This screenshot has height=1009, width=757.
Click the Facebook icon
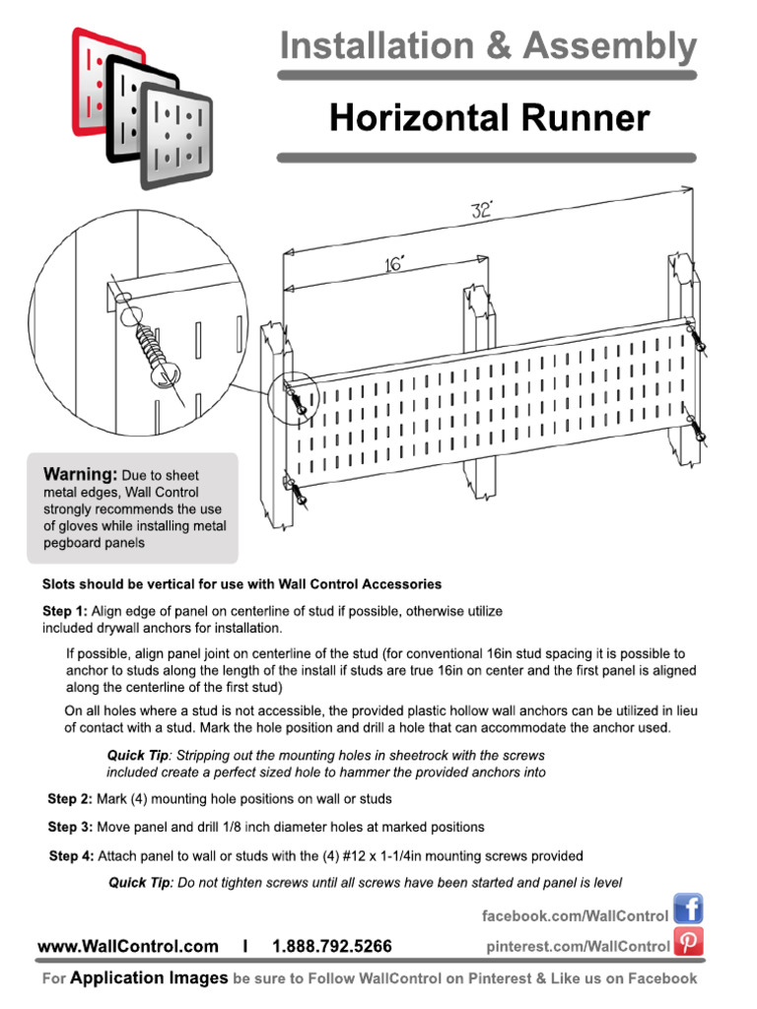coord(688,909)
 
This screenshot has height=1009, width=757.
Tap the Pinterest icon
coord(688,944)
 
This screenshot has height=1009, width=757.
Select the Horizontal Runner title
coord(489,118)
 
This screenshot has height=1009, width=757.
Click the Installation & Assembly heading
coord(488,45)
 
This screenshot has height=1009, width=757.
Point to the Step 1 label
coord(65,611)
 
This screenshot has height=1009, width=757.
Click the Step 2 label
coord(70,798)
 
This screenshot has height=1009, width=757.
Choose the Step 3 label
coord(70,827)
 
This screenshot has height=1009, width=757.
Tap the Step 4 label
coord(71,855)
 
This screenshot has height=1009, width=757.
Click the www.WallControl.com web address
coord(128,946)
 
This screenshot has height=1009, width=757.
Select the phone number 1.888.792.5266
coord(331,946)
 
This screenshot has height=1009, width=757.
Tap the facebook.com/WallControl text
coord(575,915)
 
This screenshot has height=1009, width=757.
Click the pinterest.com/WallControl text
coord(579,946)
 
